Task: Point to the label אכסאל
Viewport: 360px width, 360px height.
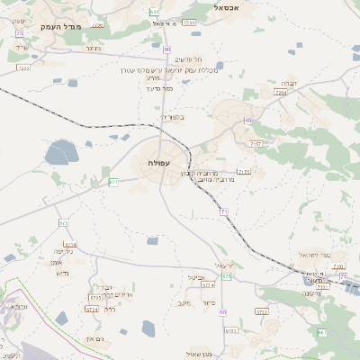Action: pyautogui.click(x=231, y=6)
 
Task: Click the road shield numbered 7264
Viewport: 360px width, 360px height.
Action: pyautogui.click(x=281, y=92)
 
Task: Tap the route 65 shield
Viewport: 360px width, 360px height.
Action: pyautogui.click(x=247, y=120)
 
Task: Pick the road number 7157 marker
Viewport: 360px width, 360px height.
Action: pyautogui.click(x=256, y=143)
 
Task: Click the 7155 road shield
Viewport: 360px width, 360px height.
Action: pyautogui.click(x=243, y=171)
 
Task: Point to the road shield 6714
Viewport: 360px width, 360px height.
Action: pyautogui.click(x=71, y=244)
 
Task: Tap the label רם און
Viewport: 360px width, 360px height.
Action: pyautogui.click(x=95, y=337)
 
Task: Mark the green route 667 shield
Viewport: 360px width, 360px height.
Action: pyautogui.click(x=322, y=333)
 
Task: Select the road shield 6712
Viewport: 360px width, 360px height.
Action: pyautogui.click(x=262, y=311)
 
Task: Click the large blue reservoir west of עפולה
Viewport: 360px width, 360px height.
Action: pyautogui.click(x=61, y=152)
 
